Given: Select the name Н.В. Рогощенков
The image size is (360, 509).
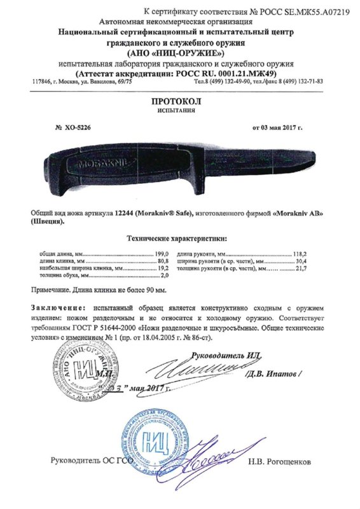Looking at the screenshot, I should [x=285, y=460].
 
